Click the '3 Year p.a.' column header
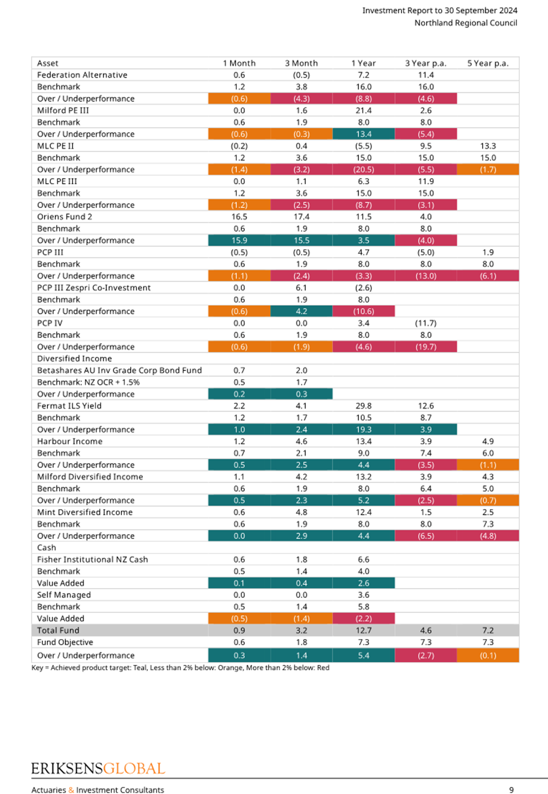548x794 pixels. click(426, 63)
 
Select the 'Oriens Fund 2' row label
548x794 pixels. click(65, 217)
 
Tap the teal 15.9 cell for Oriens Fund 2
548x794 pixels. click(239, 240)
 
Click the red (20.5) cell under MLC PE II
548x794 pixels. click(363, 169)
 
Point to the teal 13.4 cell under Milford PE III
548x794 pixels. click(363, 134)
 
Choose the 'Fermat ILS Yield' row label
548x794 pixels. click(69, 405)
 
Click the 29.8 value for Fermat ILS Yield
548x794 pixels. click(363, 405)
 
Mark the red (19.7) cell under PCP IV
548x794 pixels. click(426, 347)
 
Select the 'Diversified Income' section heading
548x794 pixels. click(74, 358)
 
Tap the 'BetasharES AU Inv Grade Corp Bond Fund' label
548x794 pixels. click(119, 370)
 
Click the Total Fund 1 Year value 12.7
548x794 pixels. click(363, 631)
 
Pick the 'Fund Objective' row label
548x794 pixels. click(65, 642)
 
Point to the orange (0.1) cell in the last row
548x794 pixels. click(488, 655)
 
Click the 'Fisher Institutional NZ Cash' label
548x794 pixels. click(93, 559)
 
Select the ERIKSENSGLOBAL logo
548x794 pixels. click(98, 769)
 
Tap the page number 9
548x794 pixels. click(511, 790)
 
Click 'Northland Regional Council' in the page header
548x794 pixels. click(466, 23)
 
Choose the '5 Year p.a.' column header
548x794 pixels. click(488, 63)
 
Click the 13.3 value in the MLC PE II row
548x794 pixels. click(488, 146)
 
